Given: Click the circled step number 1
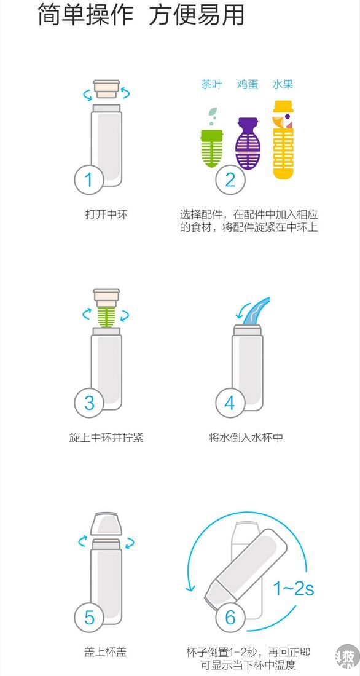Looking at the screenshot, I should [89, 179].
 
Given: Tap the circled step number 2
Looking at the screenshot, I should [230, 179].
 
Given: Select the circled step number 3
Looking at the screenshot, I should [89, 403].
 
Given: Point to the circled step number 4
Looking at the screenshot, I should [230, 403].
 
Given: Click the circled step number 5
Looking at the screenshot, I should [89, 617].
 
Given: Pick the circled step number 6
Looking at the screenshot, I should [230, 617].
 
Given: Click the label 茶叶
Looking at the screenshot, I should [211, 84].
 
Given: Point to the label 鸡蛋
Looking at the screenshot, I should [248, 84].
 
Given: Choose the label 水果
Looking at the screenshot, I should [283, 84].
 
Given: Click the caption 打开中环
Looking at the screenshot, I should [106, 214].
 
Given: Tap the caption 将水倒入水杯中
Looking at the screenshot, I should [246, 438].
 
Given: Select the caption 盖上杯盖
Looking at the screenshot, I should [105, 652].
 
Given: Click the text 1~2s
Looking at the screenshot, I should [294, 588].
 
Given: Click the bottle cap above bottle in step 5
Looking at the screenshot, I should [106, 524].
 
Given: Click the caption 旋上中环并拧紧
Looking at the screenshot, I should [106, 438].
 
